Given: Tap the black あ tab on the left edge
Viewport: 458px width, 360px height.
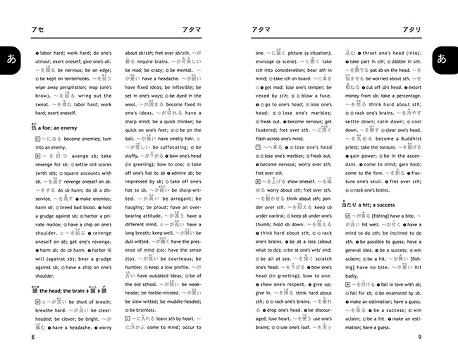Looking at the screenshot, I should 9,60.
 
